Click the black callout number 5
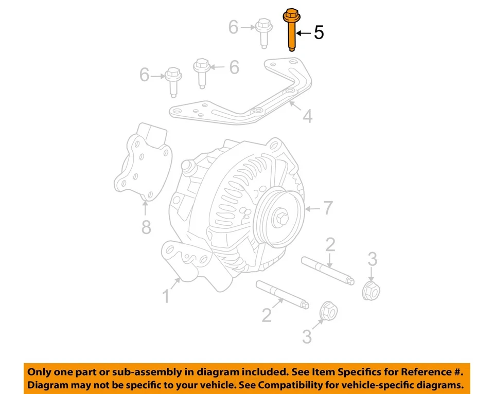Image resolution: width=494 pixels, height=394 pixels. click(319, 33)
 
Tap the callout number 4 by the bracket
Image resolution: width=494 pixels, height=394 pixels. click(307, 117)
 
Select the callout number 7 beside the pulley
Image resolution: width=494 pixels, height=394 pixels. click(328, 208)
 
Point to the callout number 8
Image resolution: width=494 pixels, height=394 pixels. click(146, 227)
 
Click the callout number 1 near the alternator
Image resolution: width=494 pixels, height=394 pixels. click(166, 296)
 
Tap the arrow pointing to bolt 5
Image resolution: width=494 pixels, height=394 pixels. click(303, 33)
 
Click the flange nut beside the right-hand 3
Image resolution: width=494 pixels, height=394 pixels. click(371, 291)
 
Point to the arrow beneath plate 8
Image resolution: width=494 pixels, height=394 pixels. click(145, 208)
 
